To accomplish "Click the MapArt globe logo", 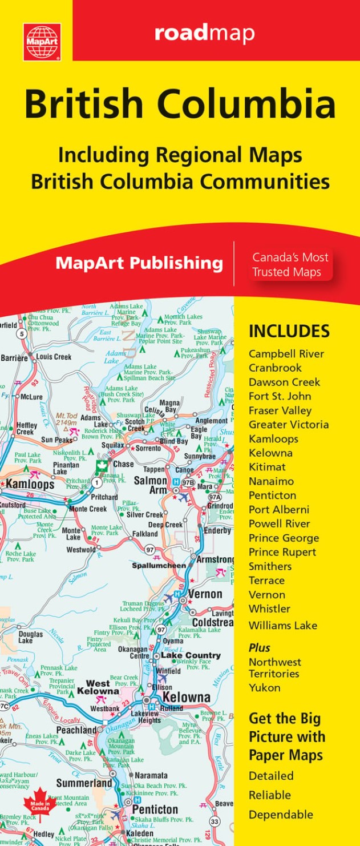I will [x=42, y=42].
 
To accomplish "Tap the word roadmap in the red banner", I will [x=204, y=34].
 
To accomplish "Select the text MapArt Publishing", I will [x=139, y=263].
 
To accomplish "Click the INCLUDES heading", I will [x=289, y=331].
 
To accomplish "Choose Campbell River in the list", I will [x=286, y=354].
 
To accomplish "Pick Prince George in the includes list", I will [x=284, y=538].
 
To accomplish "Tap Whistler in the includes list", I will [x=269, y=609].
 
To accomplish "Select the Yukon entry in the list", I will [x=264, y=688].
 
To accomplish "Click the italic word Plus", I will [x=259, y=648].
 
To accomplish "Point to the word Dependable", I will [x=281, y=815].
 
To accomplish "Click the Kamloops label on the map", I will [x=30, y=484].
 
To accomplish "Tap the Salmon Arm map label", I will [x=150, y=485].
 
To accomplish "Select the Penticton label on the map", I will [x=155, y=809].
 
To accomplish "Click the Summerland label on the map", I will [x=84, y=783].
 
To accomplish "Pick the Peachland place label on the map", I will [x=76, y=730].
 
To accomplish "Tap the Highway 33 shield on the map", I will [x=215, y=821].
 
